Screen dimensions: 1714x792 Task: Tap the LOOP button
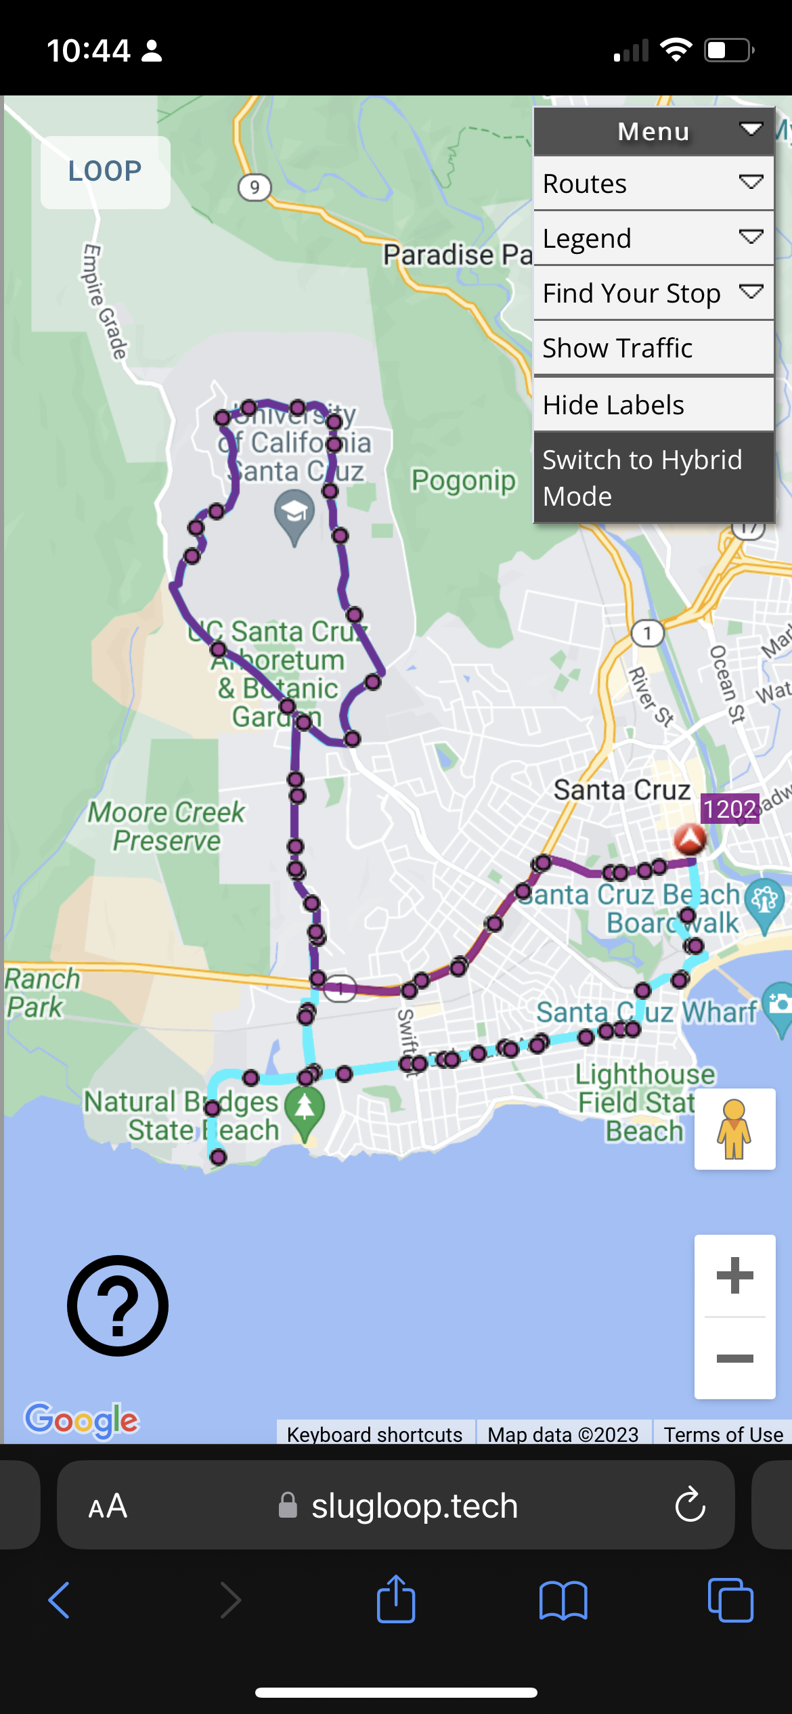(105, 172)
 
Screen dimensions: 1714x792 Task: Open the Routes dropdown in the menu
(653, 183)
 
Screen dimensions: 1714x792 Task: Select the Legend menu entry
(653, 238)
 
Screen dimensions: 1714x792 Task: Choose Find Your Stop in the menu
(653, 293)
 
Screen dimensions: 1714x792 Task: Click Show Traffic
(653, 348)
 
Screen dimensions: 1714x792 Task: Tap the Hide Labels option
(653, 405)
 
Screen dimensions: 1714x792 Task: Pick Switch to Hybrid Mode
(653, 477)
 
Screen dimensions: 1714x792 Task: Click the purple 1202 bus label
(729, 809)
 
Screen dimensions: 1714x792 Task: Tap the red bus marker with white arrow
(690, 839)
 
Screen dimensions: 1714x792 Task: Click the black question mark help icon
(118, 1305)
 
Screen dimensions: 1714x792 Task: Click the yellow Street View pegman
(734, 1128)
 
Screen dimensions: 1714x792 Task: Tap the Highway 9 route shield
(255, 187)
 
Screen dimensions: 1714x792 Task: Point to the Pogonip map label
(464, 481)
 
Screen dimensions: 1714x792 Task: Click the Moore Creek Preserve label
(167, 826)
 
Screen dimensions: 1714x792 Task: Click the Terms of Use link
(723, 1434)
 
